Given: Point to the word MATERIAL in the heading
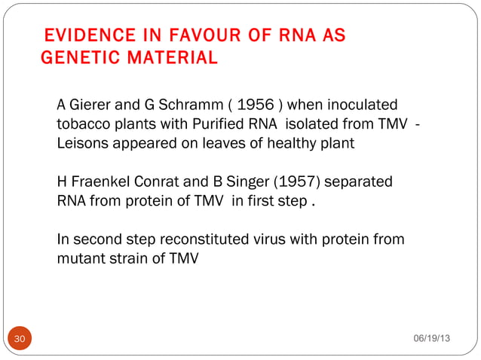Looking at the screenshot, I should pos(173,57).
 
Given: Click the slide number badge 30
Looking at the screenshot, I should pos(20,339).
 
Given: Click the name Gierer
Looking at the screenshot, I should pos(92,104).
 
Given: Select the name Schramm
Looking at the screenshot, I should pos(182,104).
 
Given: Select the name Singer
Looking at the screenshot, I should pos(237,182).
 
